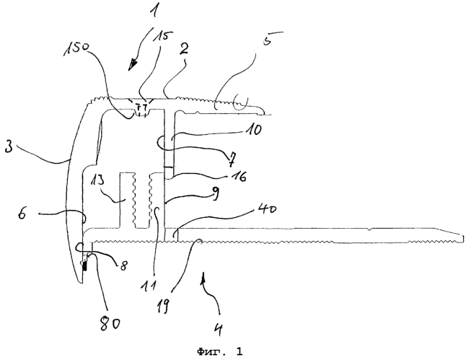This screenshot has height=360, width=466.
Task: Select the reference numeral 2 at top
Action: [184, 49]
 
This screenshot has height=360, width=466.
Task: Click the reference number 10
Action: [253, 130]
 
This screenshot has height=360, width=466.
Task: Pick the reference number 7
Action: [232, 160]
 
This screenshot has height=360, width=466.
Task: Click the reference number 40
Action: [268, 209]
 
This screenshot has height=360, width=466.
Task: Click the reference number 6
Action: [22, 214]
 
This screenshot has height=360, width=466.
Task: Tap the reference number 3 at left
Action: [9, 146]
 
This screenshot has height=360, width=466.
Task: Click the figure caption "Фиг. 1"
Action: [219, 352]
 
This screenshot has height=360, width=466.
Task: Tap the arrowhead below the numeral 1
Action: [133, 65]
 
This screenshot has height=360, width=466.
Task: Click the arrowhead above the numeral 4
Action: [203, 277]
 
